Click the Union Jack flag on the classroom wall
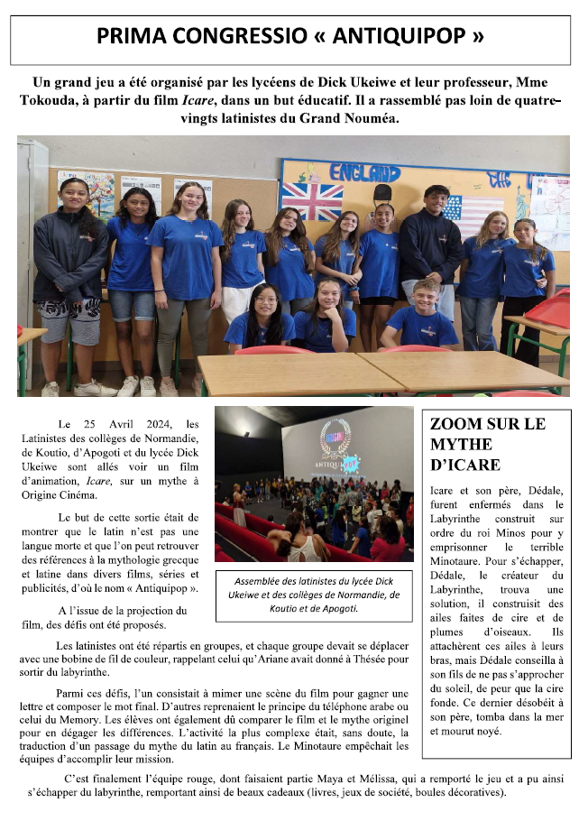click(x=312, y=200)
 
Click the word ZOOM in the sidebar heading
click(x=456, y=423)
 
